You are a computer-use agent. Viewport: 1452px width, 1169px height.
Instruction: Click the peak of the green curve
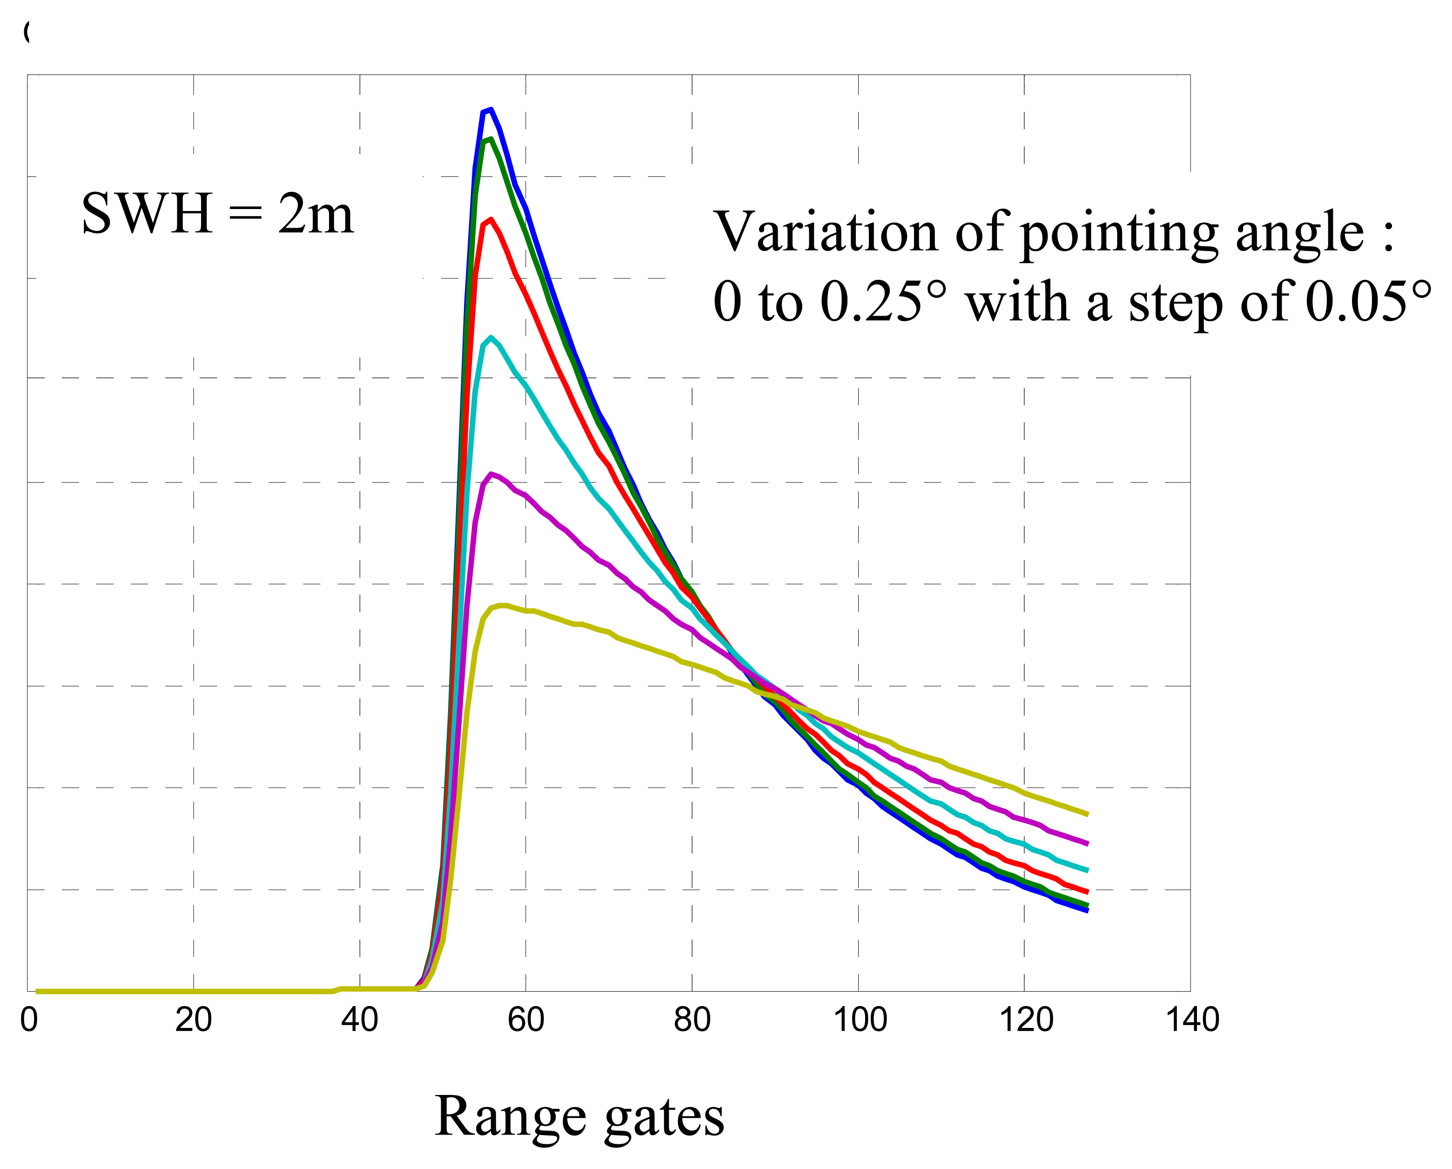click(491, 140)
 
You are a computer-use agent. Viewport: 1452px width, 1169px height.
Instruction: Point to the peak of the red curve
click(491, 220)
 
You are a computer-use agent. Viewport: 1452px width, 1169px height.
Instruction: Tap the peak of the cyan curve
click(491, 338)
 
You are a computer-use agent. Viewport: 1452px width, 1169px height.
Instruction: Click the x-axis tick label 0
click(29, 1020)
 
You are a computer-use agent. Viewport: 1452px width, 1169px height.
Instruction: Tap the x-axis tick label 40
click(360, 1020)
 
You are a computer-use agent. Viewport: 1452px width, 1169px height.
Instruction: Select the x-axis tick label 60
click(526, 1020)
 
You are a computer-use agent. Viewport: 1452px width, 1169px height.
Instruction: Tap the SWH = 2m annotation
click(217, 214)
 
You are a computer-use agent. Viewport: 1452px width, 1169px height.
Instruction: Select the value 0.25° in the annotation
click(883, 302)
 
